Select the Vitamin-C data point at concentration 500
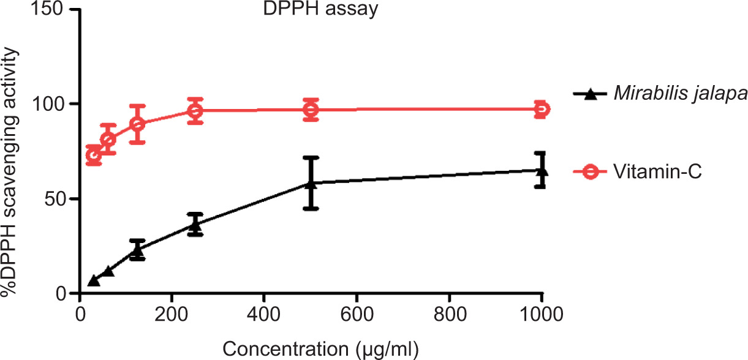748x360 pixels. pos(311,110)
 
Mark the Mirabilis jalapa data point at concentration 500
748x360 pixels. pos(311,182)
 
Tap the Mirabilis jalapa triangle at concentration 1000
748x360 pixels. pos(541,171)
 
